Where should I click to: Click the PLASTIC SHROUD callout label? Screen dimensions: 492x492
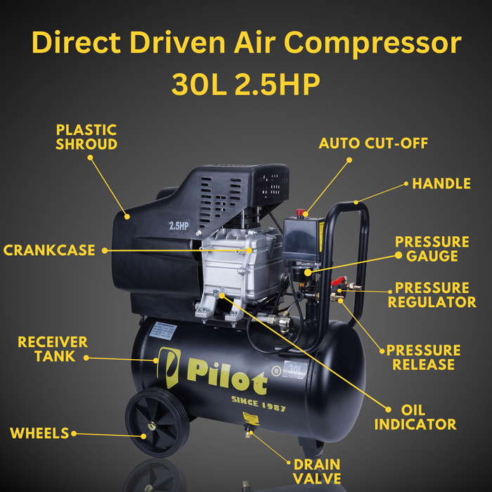86,137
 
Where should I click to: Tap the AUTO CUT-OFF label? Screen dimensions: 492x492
373,143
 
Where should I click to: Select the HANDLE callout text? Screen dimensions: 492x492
441,184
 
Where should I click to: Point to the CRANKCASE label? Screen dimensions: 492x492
49,250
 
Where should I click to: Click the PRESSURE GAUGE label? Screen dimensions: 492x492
432,249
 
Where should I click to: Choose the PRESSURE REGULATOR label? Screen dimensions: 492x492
432,295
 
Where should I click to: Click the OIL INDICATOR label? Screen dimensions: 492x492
415,417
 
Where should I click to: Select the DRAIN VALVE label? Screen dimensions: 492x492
316,472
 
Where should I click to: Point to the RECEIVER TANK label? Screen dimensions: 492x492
53,349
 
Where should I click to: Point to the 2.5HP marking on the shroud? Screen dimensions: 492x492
179,226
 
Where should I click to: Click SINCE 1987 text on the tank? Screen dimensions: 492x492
258,405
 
